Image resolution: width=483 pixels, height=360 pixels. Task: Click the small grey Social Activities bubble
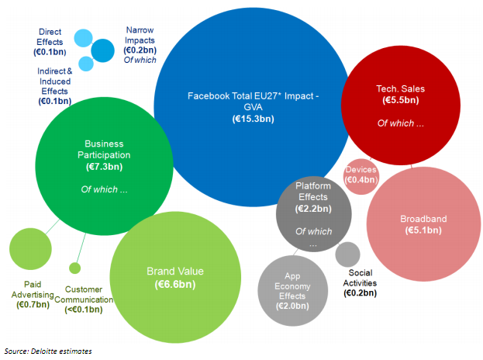pos(348,254)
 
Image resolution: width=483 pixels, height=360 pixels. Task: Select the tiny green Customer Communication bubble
pos(74,268)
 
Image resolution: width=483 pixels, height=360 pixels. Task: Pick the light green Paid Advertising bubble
pos(29,251)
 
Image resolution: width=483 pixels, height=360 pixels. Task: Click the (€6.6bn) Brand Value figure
pos(175,285)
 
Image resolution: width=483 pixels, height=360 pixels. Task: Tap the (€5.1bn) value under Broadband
pos(423,230)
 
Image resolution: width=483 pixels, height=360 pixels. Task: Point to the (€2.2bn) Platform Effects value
pos(313,209)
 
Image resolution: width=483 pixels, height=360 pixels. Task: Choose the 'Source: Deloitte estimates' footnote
pos(48,351)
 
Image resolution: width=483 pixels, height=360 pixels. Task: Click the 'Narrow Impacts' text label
pos(140,35)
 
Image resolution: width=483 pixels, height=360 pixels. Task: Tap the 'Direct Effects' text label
pos(50,37)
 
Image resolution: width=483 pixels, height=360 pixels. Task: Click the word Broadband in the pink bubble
pos(423,219)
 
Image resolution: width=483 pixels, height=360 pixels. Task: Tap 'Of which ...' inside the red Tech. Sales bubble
pos(400,123)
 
